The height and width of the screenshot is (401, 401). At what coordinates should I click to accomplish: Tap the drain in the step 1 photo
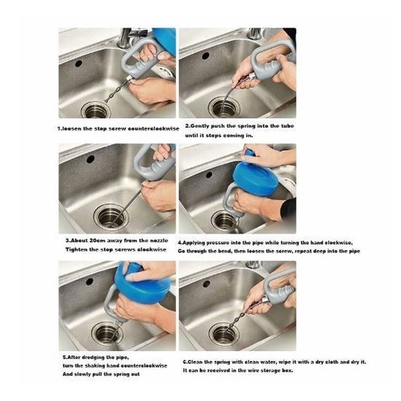tap(96, 110)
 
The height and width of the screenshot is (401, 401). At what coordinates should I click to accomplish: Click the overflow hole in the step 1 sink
tap(78, 63)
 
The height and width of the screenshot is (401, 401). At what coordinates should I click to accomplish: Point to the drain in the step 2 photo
tap(224, 108)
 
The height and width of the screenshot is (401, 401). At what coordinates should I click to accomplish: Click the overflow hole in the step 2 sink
tap(206, 56)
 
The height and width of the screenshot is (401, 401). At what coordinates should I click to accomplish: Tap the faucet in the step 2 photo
tap(254, 33)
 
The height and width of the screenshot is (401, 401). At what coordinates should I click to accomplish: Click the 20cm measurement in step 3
tap(94, 240)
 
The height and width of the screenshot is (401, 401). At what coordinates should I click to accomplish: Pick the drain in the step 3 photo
tap(110, 217)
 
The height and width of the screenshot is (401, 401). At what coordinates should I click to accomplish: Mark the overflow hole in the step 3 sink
tap(91, 159)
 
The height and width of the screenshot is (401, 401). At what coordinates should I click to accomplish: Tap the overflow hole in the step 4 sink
tap(209, 175)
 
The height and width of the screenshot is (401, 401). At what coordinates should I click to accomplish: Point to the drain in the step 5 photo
tap(108, 333)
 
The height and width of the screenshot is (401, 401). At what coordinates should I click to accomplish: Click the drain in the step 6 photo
tap(224, 333)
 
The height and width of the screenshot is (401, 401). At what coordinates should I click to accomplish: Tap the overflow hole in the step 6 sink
tap(206, 283)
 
